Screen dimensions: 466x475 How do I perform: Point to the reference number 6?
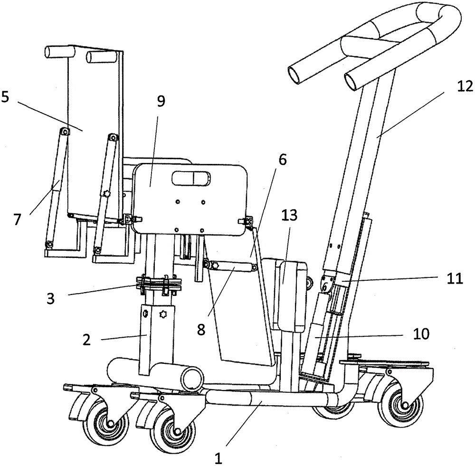point(282,160)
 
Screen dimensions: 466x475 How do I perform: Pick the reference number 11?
point(455,278)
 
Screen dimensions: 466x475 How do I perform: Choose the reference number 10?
point(420,334)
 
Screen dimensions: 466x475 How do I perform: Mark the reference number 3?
point(50,299)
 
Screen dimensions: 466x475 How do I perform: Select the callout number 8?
point(201,330)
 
